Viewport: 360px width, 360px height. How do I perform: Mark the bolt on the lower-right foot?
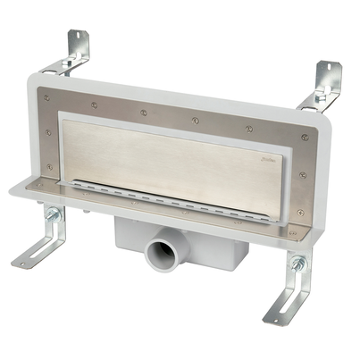(x=297, y=264)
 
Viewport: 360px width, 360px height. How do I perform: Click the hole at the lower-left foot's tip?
(x=21, y=262)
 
